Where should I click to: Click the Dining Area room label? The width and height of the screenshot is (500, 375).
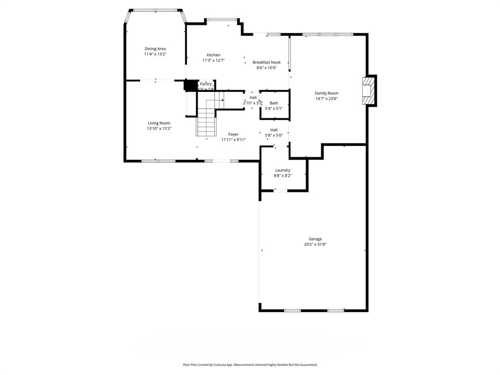pos(155,48)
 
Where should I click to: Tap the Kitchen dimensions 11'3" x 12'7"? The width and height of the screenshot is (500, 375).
pos(213,61)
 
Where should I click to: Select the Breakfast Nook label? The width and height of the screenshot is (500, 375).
pos(267,62)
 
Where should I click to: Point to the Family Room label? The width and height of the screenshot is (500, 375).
pos(326,93)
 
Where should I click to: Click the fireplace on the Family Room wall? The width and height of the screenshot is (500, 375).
pos(369,90)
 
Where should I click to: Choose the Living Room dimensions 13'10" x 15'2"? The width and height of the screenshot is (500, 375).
pos(159,128)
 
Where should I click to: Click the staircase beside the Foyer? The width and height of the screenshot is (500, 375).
pos(207,119)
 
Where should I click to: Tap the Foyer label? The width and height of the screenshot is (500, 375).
pos(233,134)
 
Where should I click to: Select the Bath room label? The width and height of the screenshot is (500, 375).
pos(274,103)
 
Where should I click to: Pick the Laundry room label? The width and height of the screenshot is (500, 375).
pos(283,170)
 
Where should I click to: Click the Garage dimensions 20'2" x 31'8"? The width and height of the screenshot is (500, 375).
pos(315,244)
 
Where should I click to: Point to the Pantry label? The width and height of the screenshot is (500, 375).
pos(206,84)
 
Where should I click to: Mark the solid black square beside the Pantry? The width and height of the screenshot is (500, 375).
pos(189,85)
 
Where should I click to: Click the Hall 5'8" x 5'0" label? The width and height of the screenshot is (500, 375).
pos(274,130)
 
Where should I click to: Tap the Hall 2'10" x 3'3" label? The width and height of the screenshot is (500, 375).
pos(253,98)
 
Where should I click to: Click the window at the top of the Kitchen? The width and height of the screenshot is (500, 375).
pos(222,20)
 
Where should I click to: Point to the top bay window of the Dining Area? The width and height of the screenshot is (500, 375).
pos(156,10)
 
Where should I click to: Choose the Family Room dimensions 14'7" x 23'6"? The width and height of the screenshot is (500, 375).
pos(326,99)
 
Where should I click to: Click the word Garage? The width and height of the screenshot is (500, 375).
pos(315,239)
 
